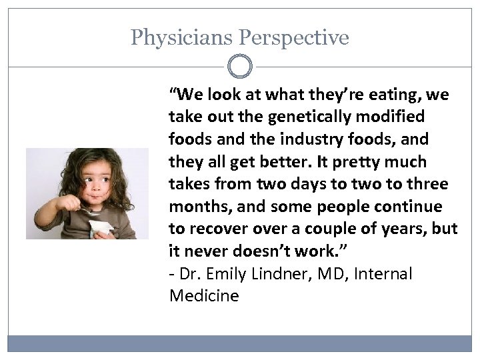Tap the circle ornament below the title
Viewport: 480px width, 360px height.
coord(240,67)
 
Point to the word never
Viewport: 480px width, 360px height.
coord(205,251)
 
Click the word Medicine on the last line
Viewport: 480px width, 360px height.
coord(204,296)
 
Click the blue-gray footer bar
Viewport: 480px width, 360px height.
coord(240,343)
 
